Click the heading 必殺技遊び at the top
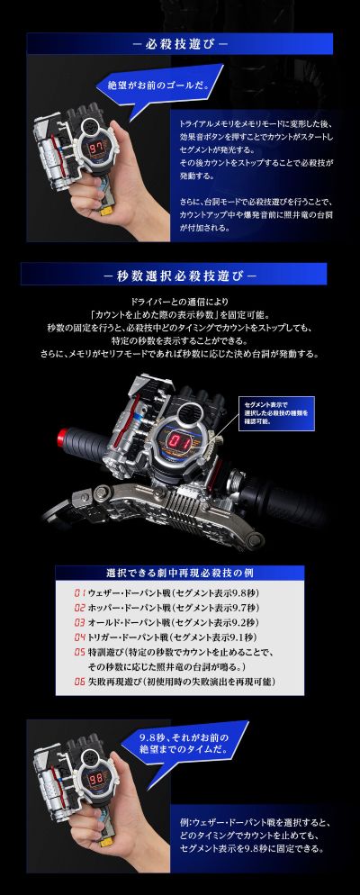tap(179, 43)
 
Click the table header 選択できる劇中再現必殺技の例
tap(179, 574)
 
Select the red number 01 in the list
tap(78, 593)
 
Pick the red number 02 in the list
tap(78, 608)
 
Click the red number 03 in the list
tap(78, 622)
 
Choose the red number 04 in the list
tap(78, 637)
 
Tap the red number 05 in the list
tap(78, 652)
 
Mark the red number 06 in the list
tap(78, 682)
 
